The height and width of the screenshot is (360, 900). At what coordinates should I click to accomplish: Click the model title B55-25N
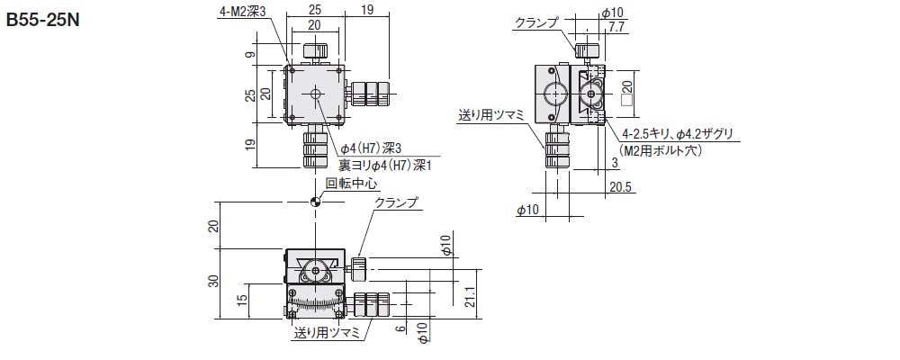(x=44, y=18)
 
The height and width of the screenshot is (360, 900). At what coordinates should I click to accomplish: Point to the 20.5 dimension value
(x=620, y=188)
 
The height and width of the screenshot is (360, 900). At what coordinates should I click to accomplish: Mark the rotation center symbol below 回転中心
(x=315, y=201)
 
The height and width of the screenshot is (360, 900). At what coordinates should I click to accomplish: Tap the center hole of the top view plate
(x=315, y=94)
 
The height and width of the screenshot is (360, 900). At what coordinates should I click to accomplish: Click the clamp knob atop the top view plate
(x=315, y=50)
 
